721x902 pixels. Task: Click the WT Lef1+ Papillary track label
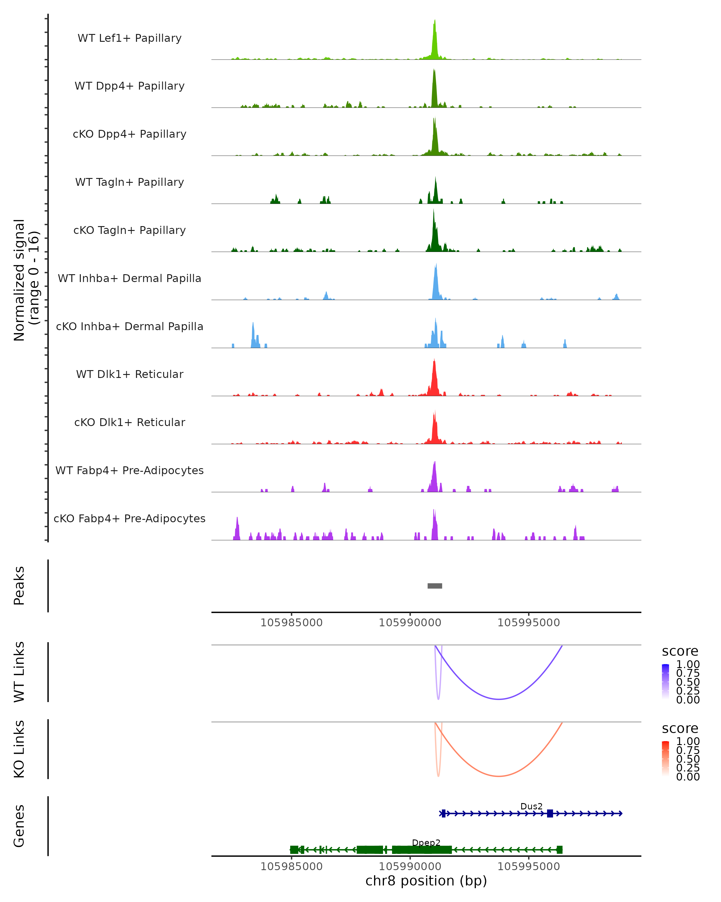coord(129,38)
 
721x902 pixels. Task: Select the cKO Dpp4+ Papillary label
coord(129,134)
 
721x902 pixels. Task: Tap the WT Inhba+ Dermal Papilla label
coord(129,279)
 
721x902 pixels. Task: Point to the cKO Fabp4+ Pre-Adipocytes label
coord(129,519)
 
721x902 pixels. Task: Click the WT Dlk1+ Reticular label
coord(129,374)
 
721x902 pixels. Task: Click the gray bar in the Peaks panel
coord(435,586)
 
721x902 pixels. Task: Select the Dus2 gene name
coord(531,806)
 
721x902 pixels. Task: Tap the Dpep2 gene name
coord(426,842)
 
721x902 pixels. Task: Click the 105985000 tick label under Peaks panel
coord(291,623)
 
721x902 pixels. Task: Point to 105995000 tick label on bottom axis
coord(528,867)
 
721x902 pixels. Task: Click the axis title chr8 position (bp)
coord(426,881)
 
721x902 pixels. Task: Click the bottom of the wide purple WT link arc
coord(499,699)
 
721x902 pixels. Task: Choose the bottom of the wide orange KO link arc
coord(499,776)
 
